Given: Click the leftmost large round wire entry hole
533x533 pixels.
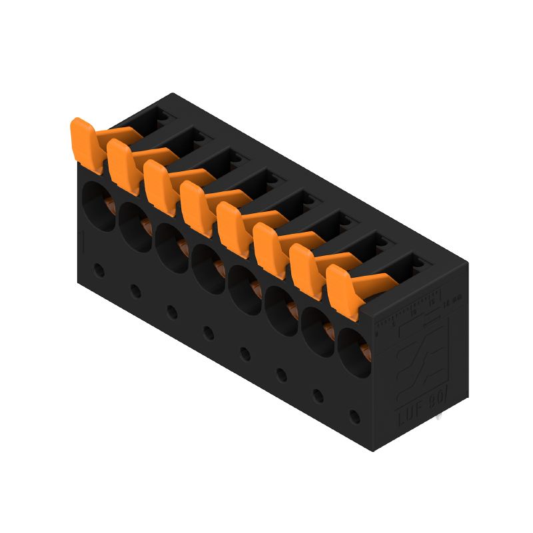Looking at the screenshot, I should click(x=99, y=207).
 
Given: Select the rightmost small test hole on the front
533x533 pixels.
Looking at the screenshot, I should click(x=354, y=417).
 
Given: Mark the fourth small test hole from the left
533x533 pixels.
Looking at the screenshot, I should click(x=209, y=332).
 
